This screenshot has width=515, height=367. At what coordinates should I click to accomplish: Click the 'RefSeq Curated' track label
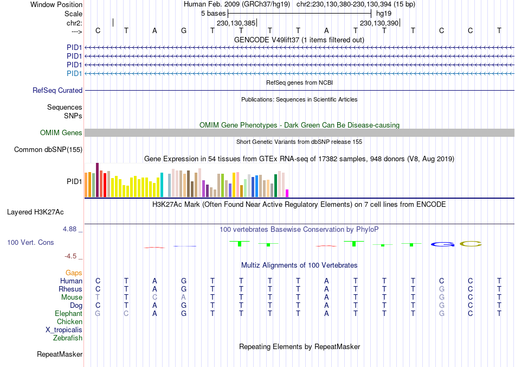[57, 91]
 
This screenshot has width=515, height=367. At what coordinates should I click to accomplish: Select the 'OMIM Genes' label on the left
[61, 133]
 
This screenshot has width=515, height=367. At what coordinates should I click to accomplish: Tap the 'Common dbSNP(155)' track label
[48, 150]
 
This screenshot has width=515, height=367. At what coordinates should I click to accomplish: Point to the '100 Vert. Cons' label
[30, 243]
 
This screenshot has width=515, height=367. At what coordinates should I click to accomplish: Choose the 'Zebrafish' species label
[68, 338]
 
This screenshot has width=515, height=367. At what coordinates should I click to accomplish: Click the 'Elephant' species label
[68, 314]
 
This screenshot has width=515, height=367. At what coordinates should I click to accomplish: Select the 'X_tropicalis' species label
[64, 330]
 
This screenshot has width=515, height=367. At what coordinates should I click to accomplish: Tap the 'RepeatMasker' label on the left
[60, 355]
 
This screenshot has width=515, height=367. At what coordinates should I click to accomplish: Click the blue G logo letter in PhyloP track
[442, 244]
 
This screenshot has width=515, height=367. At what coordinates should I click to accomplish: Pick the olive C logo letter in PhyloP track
[471, 244]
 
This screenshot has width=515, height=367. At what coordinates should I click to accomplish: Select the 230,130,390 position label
[379, 23]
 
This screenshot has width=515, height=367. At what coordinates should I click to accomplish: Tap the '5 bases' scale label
[213, 13]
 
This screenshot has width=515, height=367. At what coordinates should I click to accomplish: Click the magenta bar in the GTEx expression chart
[287, 193]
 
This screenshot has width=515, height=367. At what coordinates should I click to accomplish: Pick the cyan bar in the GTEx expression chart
[162, 185]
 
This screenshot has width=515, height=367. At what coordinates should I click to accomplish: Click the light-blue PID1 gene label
[74, 73]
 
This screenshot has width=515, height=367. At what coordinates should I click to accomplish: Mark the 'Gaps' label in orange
[74, 273]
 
